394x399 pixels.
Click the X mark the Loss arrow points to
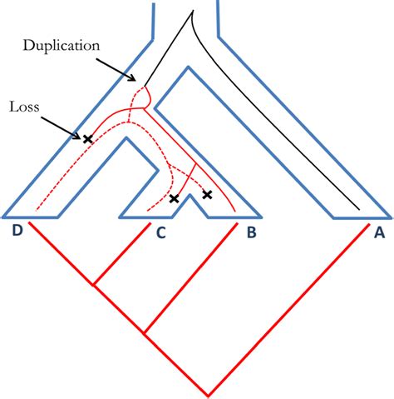(87, 138)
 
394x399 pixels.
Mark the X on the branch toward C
(174, 198)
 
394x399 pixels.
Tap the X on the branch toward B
(208, 194)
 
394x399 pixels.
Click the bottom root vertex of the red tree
(207, 394)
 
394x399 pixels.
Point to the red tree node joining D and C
(94, 286)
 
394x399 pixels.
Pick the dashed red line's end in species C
(147, 209)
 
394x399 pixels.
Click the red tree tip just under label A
(366, 223)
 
